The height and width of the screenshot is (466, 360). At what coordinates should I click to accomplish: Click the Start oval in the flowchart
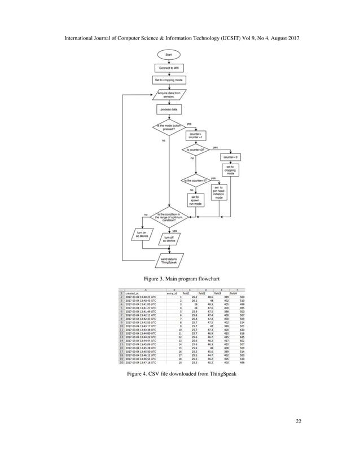[x=168, y=55]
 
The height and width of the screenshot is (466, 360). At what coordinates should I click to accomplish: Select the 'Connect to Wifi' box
[x=168, y=68]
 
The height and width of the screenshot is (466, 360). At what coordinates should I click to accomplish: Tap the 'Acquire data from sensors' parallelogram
[x=168, y=94]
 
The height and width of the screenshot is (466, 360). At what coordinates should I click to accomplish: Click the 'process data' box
[x=168, y=109]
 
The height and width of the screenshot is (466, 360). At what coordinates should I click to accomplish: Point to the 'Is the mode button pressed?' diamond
[x=168, y=128]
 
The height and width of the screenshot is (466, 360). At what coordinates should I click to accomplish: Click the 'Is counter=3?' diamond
[x=195, y=150]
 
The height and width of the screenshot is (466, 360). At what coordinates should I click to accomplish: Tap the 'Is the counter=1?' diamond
[x=195, y=181]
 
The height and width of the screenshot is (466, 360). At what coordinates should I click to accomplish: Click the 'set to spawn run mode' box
[x=195, y=199]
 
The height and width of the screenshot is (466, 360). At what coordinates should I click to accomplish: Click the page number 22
[x=297, y=420]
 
